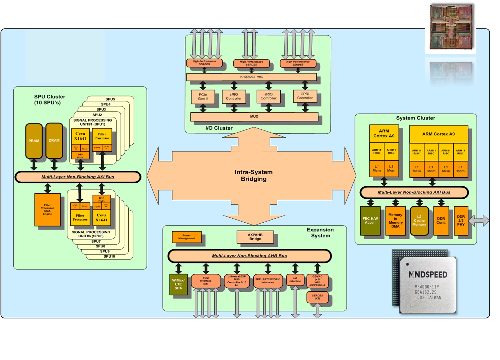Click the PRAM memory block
[x=34, y=141]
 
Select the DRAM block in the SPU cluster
[x=54, y=141]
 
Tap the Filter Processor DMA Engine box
[x=48, y=210]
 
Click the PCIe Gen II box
[x=203, y=97]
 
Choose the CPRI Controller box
[x=305, y=96]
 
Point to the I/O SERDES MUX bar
[x=251, y=77]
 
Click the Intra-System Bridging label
[x=254, y=175]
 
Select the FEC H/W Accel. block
[x=370, y=221]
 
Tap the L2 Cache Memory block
[x=419, y=221]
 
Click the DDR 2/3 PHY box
[x=461, y=221]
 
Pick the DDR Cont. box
[x=441, y=221]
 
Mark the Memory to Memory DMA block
[x=395, y=221]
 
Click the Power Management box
[x=187, y=237]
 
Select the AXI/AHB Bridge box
[x=255, y=237]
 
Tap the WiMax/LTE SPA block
[x=178, y=284]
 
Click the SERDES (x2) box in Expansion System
[x=317, y=297]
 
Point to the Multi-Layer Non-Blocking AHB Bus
[x=249, y=256]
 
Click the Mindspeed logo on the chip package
[x=428, y=274]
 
